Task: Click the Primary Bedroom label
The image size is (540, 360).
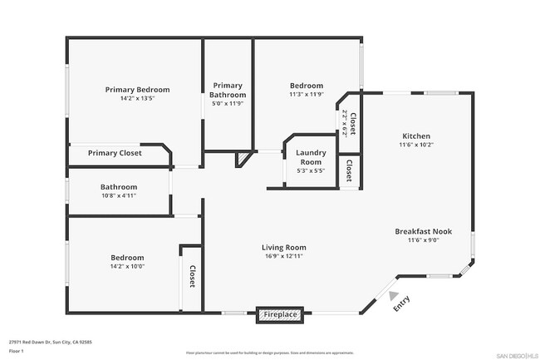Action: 137,89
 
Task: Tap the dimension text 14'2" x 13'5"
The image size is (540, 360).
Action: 137,98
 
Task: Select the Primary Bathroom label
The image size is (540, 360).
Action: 228,90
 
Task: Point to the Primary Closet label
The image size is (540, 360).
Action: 115,153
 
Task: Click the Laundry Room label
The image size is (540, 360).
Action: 311,157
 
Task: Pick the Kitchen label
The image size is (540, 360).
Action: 416,136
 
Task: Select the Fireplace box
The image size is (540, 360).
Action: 281,315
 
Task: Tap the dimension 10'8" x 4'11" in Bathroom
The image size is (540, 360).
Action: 119,196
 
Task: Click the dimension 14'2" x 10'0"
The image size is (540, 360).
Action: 127,267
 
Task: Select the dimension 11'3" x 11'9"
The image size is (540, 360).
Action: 306,95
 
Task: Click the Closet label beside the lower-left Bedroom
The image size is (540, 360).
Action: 192,277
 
